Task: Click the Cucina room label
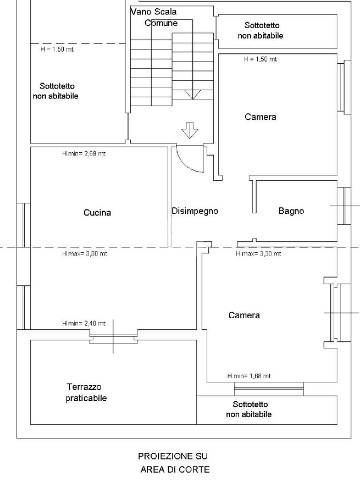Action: tap(97, 213)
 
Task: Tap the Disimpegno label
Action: tap(195, 211)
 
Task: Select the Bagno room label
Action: tap(291, 211)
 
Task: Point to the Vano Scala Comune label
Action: tap(155, 17)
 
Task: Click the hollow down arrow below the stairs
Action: tap(190, 130)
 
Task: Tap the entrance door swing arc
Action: tap(187, 162)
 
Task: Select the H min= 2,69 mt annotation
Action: tap(83, 153)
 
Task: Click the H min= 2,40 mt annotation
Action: tap(83, 323)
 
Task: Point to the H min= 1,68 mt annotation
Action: tap(248, 376)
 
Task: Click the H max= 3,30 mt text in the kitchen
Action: tap(84, 254)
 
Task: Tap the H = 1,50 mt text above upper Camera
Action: tap(260, 60)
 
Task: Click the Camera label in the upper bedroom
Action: tap(260, 117)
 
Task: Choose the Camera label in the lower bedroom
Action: tap(244, 315)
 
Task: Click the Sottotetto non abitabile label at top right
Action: tap(260, 30)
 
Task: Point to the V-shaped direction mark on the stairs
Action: tap(192, 94)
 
